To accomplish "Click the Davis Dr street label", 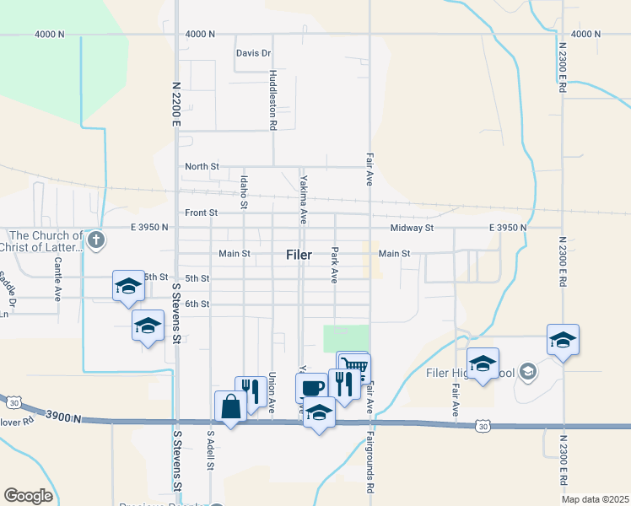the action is [253, 53].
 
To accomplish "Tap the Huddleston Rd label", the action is [272, 100].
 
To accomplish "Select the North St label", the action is [202, 167].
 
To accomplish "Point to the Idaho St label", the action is [244, 192].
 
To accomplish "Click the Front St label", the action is [201, 213].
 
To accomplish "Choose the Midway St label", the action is [412, 228].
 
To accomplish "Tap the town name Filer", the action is [299, 254].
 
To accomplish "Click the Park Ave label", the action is [335, 265].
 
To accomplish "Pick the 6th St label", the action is [197, 304].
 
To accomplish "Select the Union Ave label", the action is [272, 392].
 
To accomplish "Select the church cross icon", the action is [96, 240].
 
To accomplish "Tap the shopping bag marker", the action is [230, 406].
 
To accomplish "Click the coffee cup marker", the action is [311, 387].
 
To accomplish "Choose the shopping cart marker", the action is [355, 367].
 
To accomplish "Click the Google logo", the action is [29, 495].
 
